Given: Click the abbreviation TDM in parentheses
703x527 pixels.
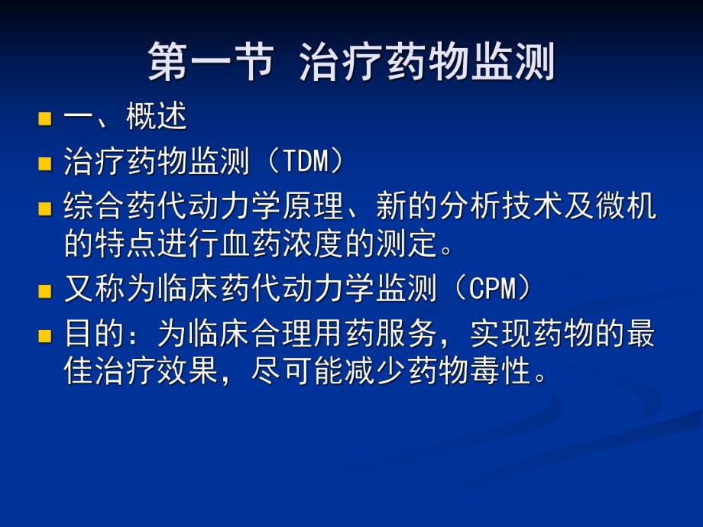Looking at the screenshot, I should (305, 161).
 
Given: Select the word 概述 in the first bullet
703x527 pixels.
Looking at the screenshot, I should (156, 118).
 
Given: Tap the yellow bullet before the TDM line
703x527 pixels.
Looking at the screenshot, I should (45, 163).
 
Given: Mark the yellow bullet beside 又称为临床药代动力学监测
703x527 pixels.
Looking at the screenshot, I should (45, 291).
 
